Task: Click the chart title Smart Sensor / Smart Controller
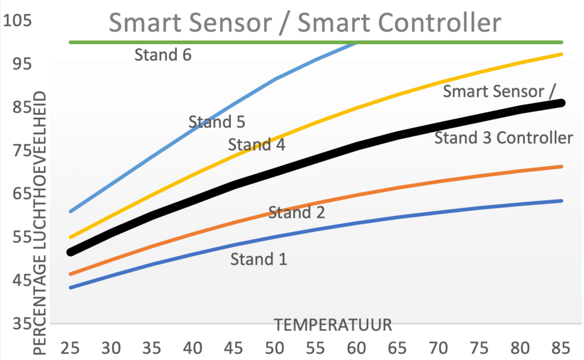(305, 23)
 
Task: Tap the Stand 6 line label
(163, 55)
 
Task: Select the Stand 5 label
(217, 122)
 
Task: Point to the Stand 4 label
(257, 145)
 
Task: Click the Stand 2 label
(297, 213)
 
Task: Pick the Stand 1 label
(259, 260)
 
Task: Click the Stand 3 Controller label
(504, 137)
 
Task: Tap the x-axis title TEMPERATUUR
(333, 325)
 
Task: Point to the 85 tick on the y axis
(18, 107)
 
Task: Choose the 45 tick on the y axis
(18, 280)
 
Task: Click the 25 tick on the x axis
(70, 347)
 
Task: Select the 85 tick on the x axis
(562, 347)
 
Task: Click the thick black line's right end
(562, 103)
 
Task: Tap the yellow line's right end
(562, 54)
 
